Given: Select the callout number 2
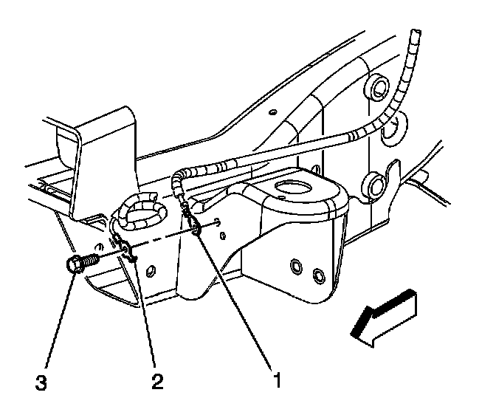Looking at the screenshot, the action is click(156, 382).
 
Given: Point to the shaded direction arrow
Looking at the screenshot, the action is click(384, 316).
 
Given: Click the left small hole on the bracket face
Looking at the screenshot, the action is click(295, 264).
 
